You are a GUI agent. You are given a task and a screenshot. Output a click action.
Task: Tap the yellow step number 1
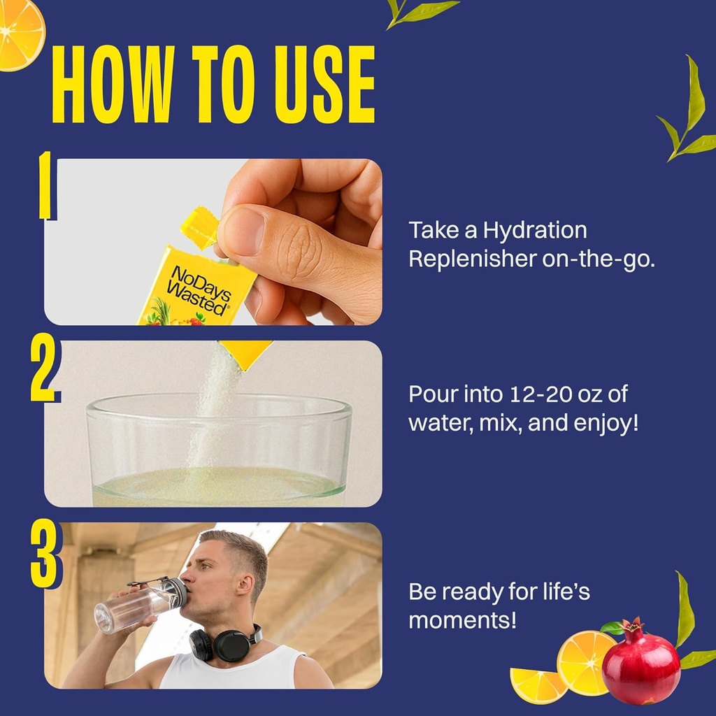45,186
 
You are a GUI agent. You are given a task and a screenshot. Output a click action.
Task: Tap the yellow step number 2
44,371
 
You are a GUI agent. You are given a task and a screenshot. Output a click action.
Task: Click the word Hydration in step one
533,230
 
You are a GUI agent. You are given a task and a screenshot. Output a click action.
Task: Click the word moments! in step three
462,620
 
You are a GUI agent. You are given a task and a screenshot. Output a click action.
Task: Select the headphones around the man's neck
224,643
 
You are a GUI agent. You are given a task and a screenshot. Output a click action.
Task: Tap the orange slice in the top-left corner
20,31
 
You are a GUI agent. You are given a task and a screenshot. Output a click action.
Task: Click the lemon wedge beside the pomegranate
538,685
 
